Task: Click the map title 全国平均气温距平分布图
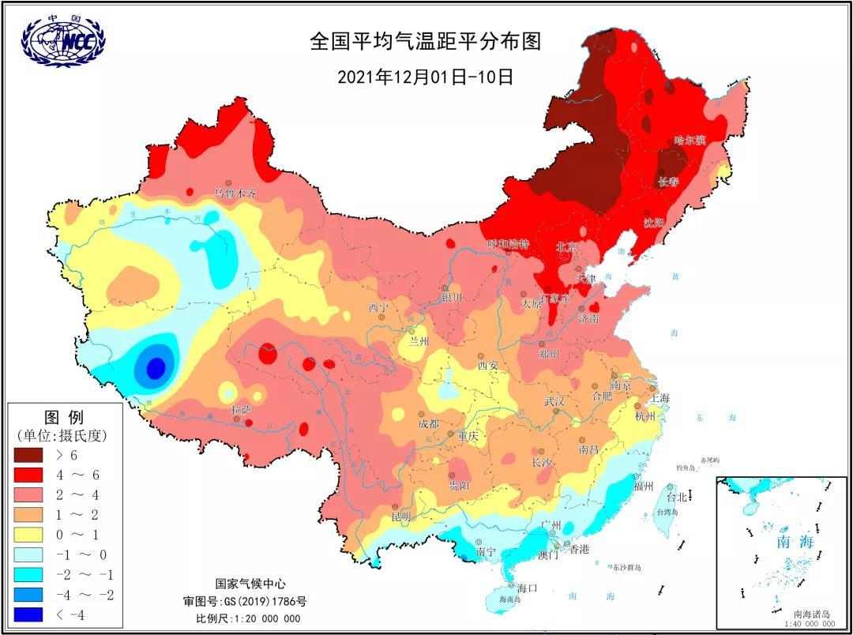[x=426, y=41]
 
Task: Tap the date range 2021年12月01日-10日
[x=426, y=77]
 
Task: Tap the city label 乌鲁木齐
[x=236, y=193]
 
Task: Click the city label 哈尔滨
[x=690, y=141]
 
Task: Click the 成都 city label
[x=427, y=424]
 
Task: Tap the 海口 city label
[x=527, y=588]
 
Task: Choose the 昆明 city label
[x=400, y=517]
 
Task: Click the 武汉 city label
[x=554, y=401]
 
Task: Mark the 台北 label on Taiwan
[x=677, y=497]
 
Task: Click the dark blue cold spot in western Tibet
[x=156, y=367]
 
